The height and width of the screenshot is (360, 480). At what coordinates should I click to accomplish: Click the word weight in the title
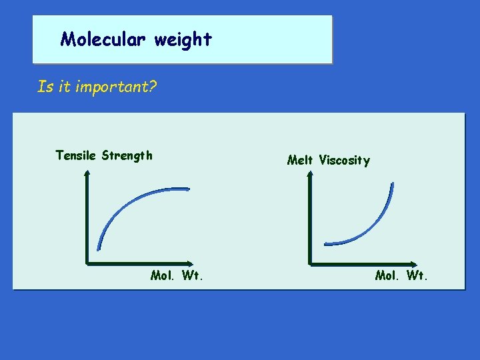point(183,40)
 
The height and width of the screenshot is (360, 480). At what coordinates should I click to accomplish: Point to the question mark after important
point(153,87)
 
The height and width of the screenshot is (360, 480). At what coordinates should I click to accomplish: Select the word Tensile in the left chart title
point(76,155)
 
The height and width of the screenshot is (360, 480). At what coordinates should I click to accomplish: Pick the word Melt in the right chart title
point(301,160)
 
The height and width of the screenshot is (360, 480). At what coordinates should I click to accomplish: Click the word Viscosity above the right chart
point(344,160)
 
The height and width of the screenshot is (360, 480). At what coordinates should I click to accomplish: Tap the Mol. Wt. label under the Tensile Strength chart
point(177,275)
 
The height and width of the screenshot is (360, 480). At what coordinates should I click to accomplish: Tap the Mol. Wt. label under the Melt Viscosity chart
point(401,275)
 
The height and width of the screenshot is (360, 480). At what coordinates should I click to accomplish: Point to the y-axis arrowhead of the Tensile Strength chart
point(87,173)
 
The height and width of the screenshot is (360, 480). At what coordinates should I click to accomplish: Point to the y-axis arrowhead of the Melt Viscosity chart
point(310,173)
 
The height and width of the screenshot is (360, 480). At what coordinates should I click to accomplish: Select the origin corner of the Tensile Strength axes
point(87,263)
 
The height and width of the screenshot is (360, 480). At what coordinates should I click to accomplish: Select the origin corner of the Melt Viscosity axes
point(311,263)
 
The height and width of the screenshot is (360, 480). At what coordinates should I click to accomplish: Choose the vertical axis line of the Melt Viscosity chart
point(311,220)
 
